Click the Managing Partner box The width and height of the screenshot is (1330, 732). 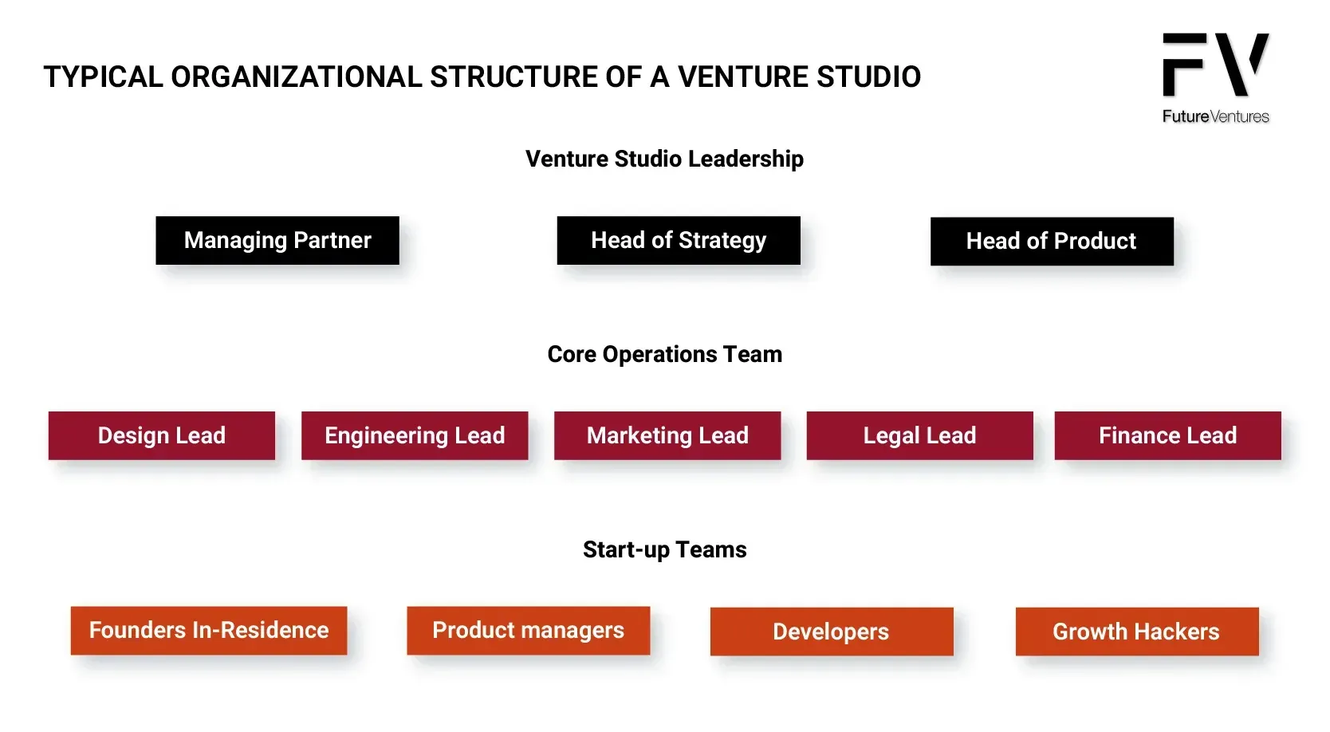click(277, 241)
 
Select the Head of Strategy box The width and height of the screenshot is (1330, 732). click(679, 241)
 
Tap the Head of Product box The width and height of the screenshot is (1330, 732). click(1053, 241)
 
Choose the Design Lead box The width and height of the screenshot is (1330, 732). click(162, 435)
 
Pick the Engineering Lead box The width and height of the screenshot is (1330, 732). click(415, 435)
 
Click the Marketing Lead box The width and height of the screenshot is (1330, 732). click(667, 435)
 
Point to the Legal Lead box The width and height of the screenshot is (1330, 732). click(919, 435)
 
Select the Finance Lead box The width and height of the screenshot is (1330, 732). click(1168, 435)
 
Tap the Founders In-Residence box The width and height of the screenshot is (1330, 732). click(209, 631)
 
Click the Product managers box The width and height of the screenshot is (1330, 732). click(529, 631)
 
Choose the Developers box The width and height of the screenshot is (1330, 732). click(832, 632)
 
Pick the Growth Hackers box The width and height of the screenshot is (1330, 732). click(1137, 632)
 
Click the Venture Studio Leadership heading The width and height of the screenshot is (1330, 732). click(664, 159)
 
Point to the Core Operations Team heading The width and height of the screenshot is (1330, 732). click(665, 354)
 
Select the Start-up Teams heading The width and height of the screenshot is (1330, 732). click(665, 549)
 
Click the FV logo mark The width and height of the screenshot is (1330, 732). click(1215, 64)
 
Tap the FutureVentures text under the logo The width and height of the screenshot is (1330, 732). click(1215, 116)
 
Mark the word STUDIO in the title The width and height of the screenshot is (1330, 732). click(868, 77)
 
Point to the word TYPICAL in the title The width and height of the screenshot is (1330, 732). click(104, 77)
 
